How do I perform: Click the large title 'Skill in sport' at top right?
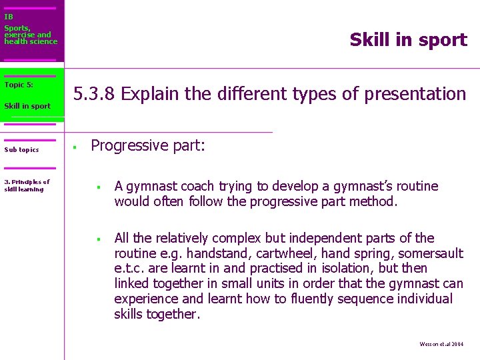[x=408, y=40]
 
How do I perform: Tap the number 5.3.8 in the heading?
[x=95, y=94]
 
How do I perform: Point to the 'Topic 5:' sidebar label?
[x=19, y=85]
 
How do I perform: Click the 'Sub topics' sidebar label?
[x=21, y=150]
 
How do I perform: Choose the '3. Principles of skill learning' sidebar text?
[x=27, y=185]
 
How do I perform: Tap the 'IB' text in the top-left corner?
[x=9, y=17]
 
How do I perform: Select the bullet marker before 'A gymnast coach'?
[x=97, y=187]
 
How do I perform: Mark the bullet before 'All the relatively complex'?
[x=97, y=239]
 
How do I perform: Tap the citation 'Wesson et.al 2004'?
[x=441, y=345]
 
